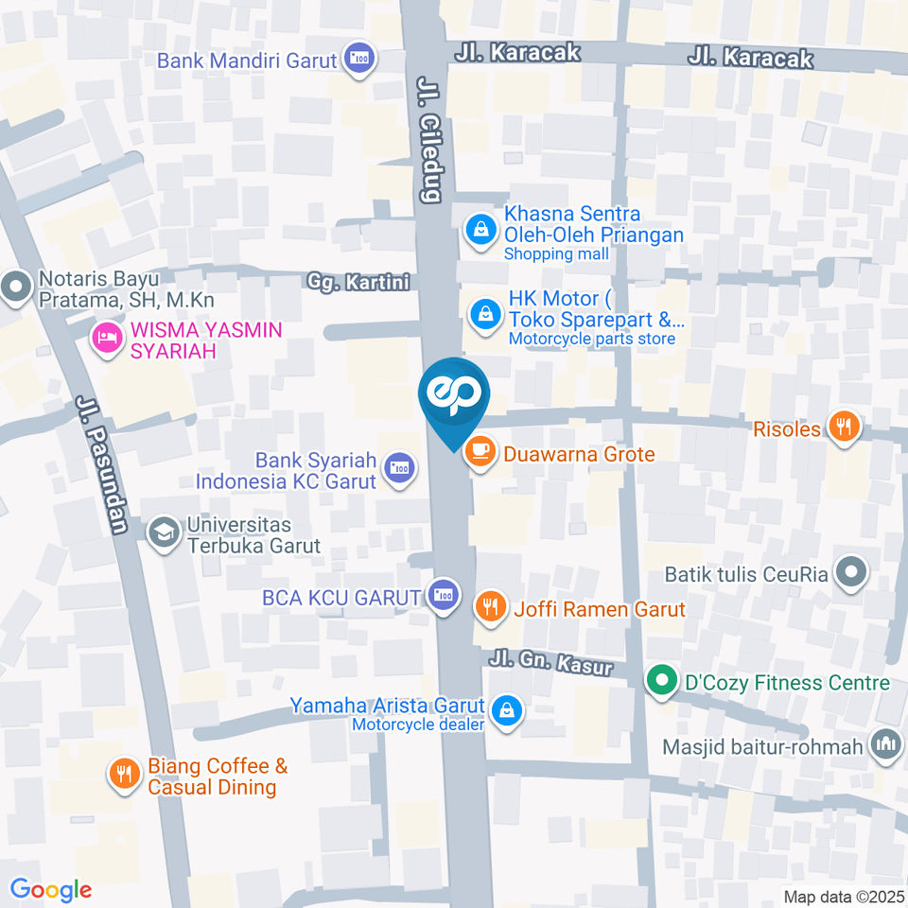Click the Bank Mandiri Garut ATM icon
coord(359,60)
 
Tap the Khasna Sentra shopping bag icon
coord(481,227)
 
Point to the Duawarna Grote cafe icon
coord(481,452)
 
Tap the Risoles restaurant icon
coord(842,428)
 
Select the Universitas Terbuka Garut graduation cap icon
coord(164,533)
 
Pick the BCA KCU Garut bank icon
coord(442,596)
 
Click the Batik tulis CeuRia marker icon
coord(852,573)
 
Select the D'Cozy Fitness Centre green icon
coord(660,681)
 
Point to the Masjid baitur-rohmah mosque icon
coord(886,745)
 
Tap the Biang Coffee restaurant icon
coord(124,775)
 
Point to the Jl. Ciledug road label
coord(429,141)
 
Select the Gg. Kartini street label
coord(358,282)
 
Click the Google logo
coord(50,889)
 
